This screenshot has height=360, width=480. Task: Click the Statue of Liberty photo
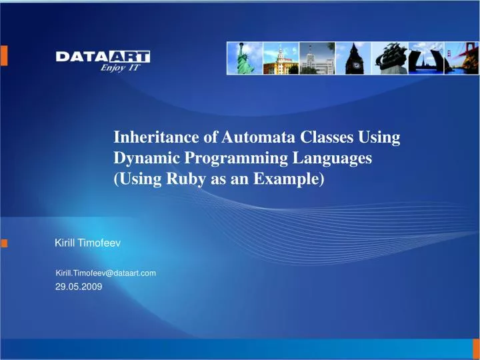[244, 58]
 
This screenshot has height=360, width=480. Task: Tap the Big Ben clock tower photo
[353, 58]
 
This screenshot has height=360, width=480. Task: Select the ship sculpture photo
[389, 58]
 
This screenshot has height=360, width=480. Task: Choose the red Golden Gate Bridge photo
[461, 58]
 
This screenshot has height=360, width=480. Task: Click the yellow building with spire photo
[280, 58]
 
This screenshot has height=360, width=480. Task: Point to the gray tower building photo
[317, 58]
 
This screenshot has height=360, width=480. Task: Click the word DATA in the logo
[77, 57]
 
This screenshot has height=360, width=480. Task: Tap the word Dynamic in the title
[141, 159]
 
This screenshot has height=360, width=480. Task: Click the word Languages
[333, 159]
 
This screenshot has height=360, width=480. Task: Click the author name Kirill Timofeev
[87, 244]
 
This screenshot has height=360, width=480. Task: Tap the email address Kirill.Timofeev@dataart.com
[105, 273]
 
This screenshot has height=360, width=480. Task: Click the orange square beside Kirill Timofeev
[5, 244]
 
